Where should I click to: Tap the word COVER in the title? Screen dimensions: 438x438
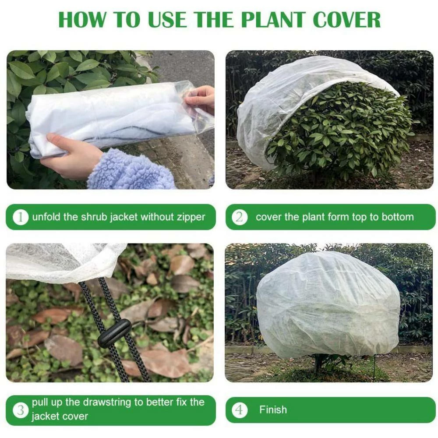(x=347, y=20)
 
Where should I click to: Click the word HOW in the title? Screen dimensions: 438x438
(x=82, y=20)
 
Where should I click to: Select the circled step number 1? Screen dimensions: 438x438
(x=21, y=217)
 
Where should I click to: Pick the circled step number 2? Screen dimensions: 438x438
(x=240, y=217)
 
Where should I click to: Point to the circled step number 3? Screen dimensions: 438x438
(x=21, y=410)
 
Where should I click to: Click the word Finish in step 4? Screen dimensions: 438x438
(x=273, y=410)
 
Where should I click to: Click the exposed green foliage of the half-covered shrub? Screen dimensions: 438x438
(x=342, y=131)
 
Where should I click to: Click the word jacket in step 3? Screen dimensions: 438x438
(x=45, y=416)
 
